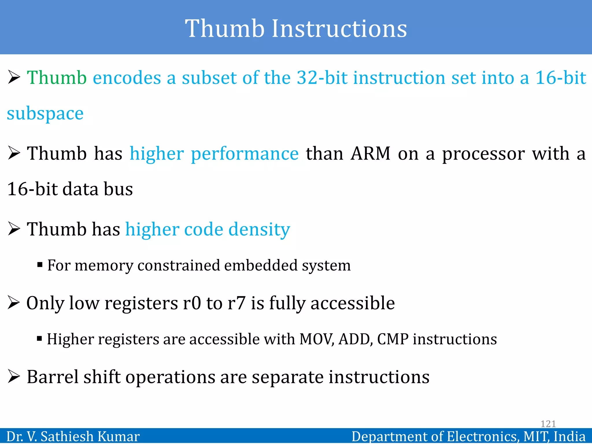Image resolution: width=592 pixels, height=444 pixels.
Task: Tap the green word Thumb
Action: click(57, 78)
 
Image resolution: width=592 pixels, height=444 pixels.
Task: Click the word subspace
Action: click(45, 114)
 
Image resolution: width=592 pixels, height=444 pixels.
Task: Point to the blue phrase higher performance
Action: click(214, 154)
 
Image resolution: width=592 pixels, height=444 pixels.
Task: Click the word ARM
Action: click(370, 154)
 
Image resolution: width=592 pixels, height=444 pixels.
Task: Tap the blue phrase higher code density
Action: click(208, 230)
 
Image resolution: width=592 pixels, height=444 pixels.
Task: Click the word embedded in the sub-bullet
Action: click(261, 265)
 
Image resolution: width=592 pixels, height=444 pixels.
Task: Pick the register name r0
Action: click(192, 304)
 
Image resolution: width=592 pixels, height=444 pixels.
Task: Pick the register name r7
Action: click(236, 304)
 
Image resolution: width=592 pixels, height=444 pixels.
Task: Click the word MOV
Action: click(316, 339)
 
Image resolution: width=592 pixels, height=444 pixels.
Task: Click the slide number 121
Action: click(548, 424)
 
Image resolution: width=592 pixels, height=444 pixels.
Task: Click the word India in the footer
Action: click(569, 436)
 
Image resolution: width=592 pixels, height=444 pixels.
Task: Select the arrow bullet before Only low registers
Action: click(14, 303)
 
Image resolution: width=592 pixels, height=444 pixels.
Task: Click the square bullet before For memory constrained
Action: click(40, 264)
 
